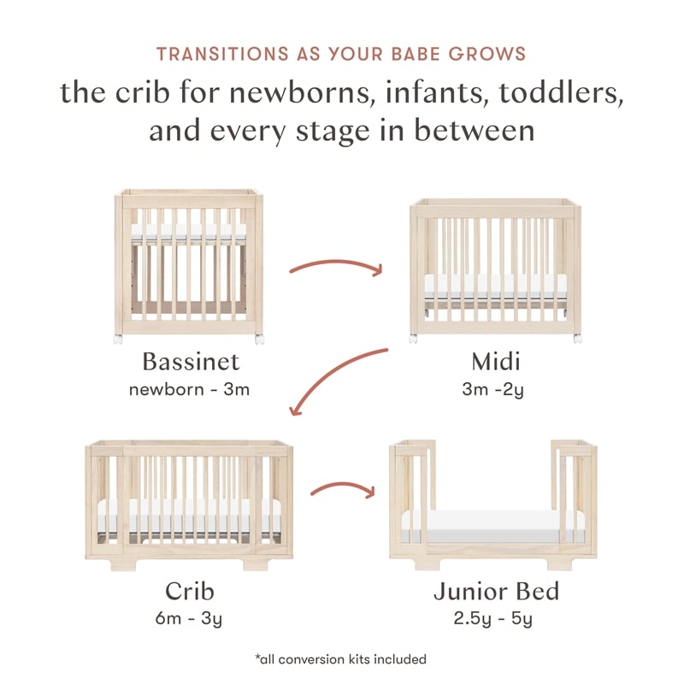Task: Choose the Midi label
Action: click(495, 362)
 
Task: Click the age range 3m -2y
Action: click(495, 390)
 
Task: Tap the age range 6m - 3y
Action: click(189, 618)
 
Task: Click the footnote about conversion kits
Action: click(341, 659)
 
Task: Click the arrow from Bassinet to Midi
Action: click(336, 265)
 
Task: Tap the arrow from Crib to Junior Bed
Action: click(342, 490)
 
